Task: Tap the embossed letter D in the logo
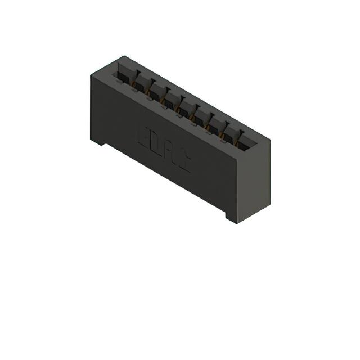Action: tap(156, 144)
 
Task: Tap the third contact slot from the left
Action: tap(155, 90)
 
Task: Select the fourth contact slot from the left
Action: tap(170, 98)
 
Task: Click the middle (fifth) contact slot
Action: tap(186, 106)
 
